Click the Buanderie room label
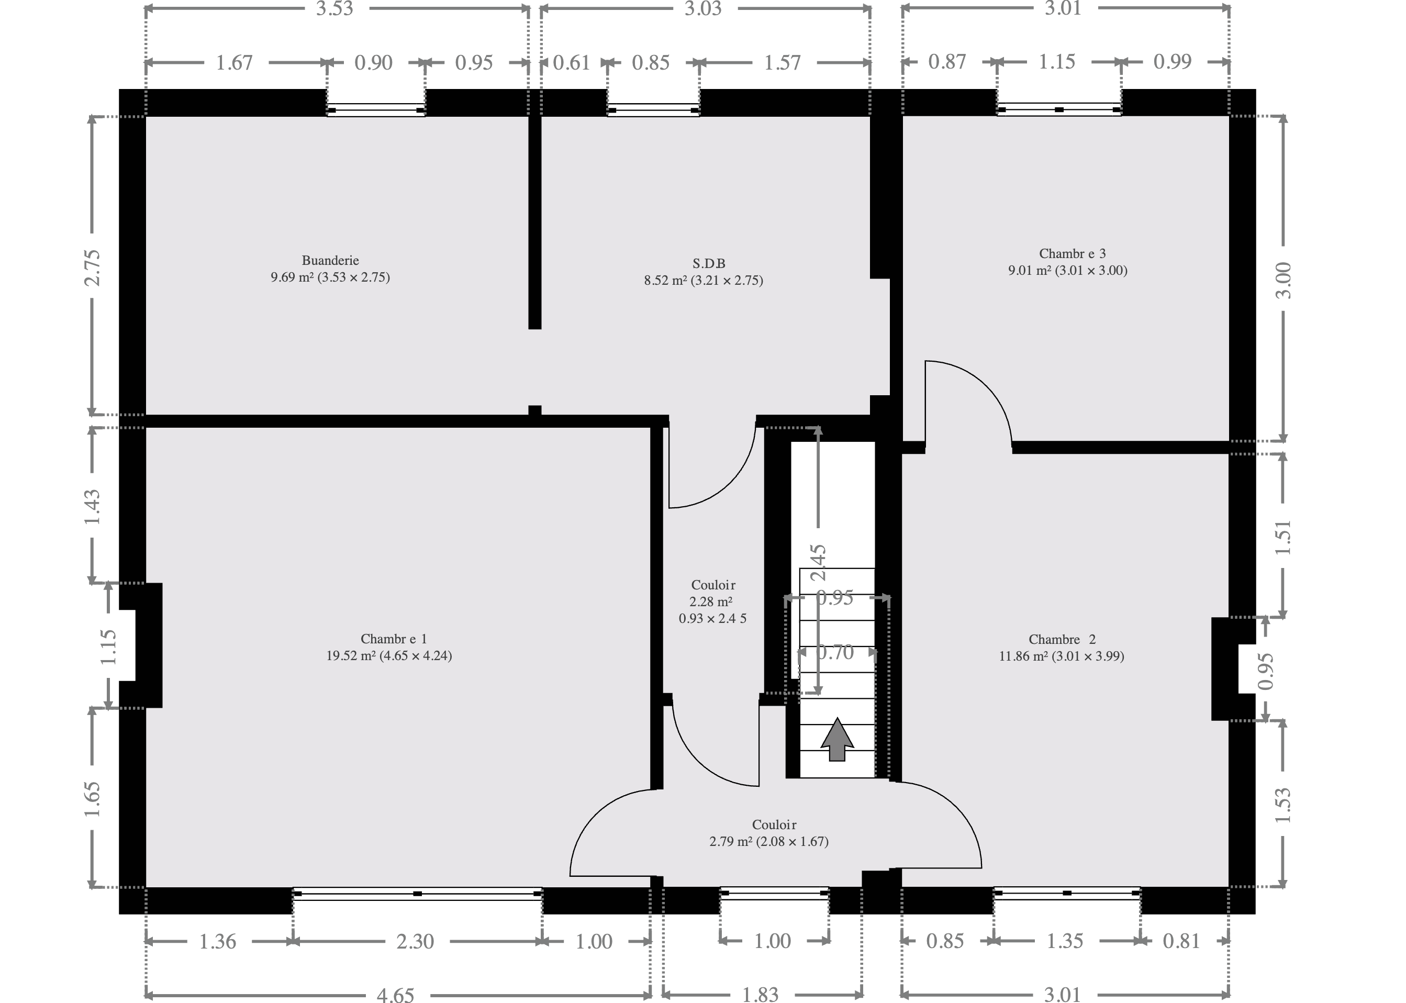[330, 261]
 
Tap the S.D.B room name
[709, 264]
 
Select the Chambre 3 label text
[1073, 253]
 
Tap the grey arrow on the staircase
[836, 739]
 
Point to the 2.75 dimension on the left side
[92, 268]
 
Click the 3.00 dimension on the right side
[1283, 281]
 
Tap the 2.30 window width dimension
[415, 941]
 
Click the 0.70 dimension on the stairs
[835, 653]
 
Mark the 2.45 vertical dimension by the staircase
[818, 562]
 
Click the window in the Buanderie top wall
[376, 110]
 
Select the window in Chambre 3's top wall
[1059, 109]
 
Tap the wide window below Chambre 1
[417, 894]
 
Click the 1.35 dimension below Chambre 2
[1065, 941]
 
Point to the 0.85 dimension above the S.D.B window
[651, 62]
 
